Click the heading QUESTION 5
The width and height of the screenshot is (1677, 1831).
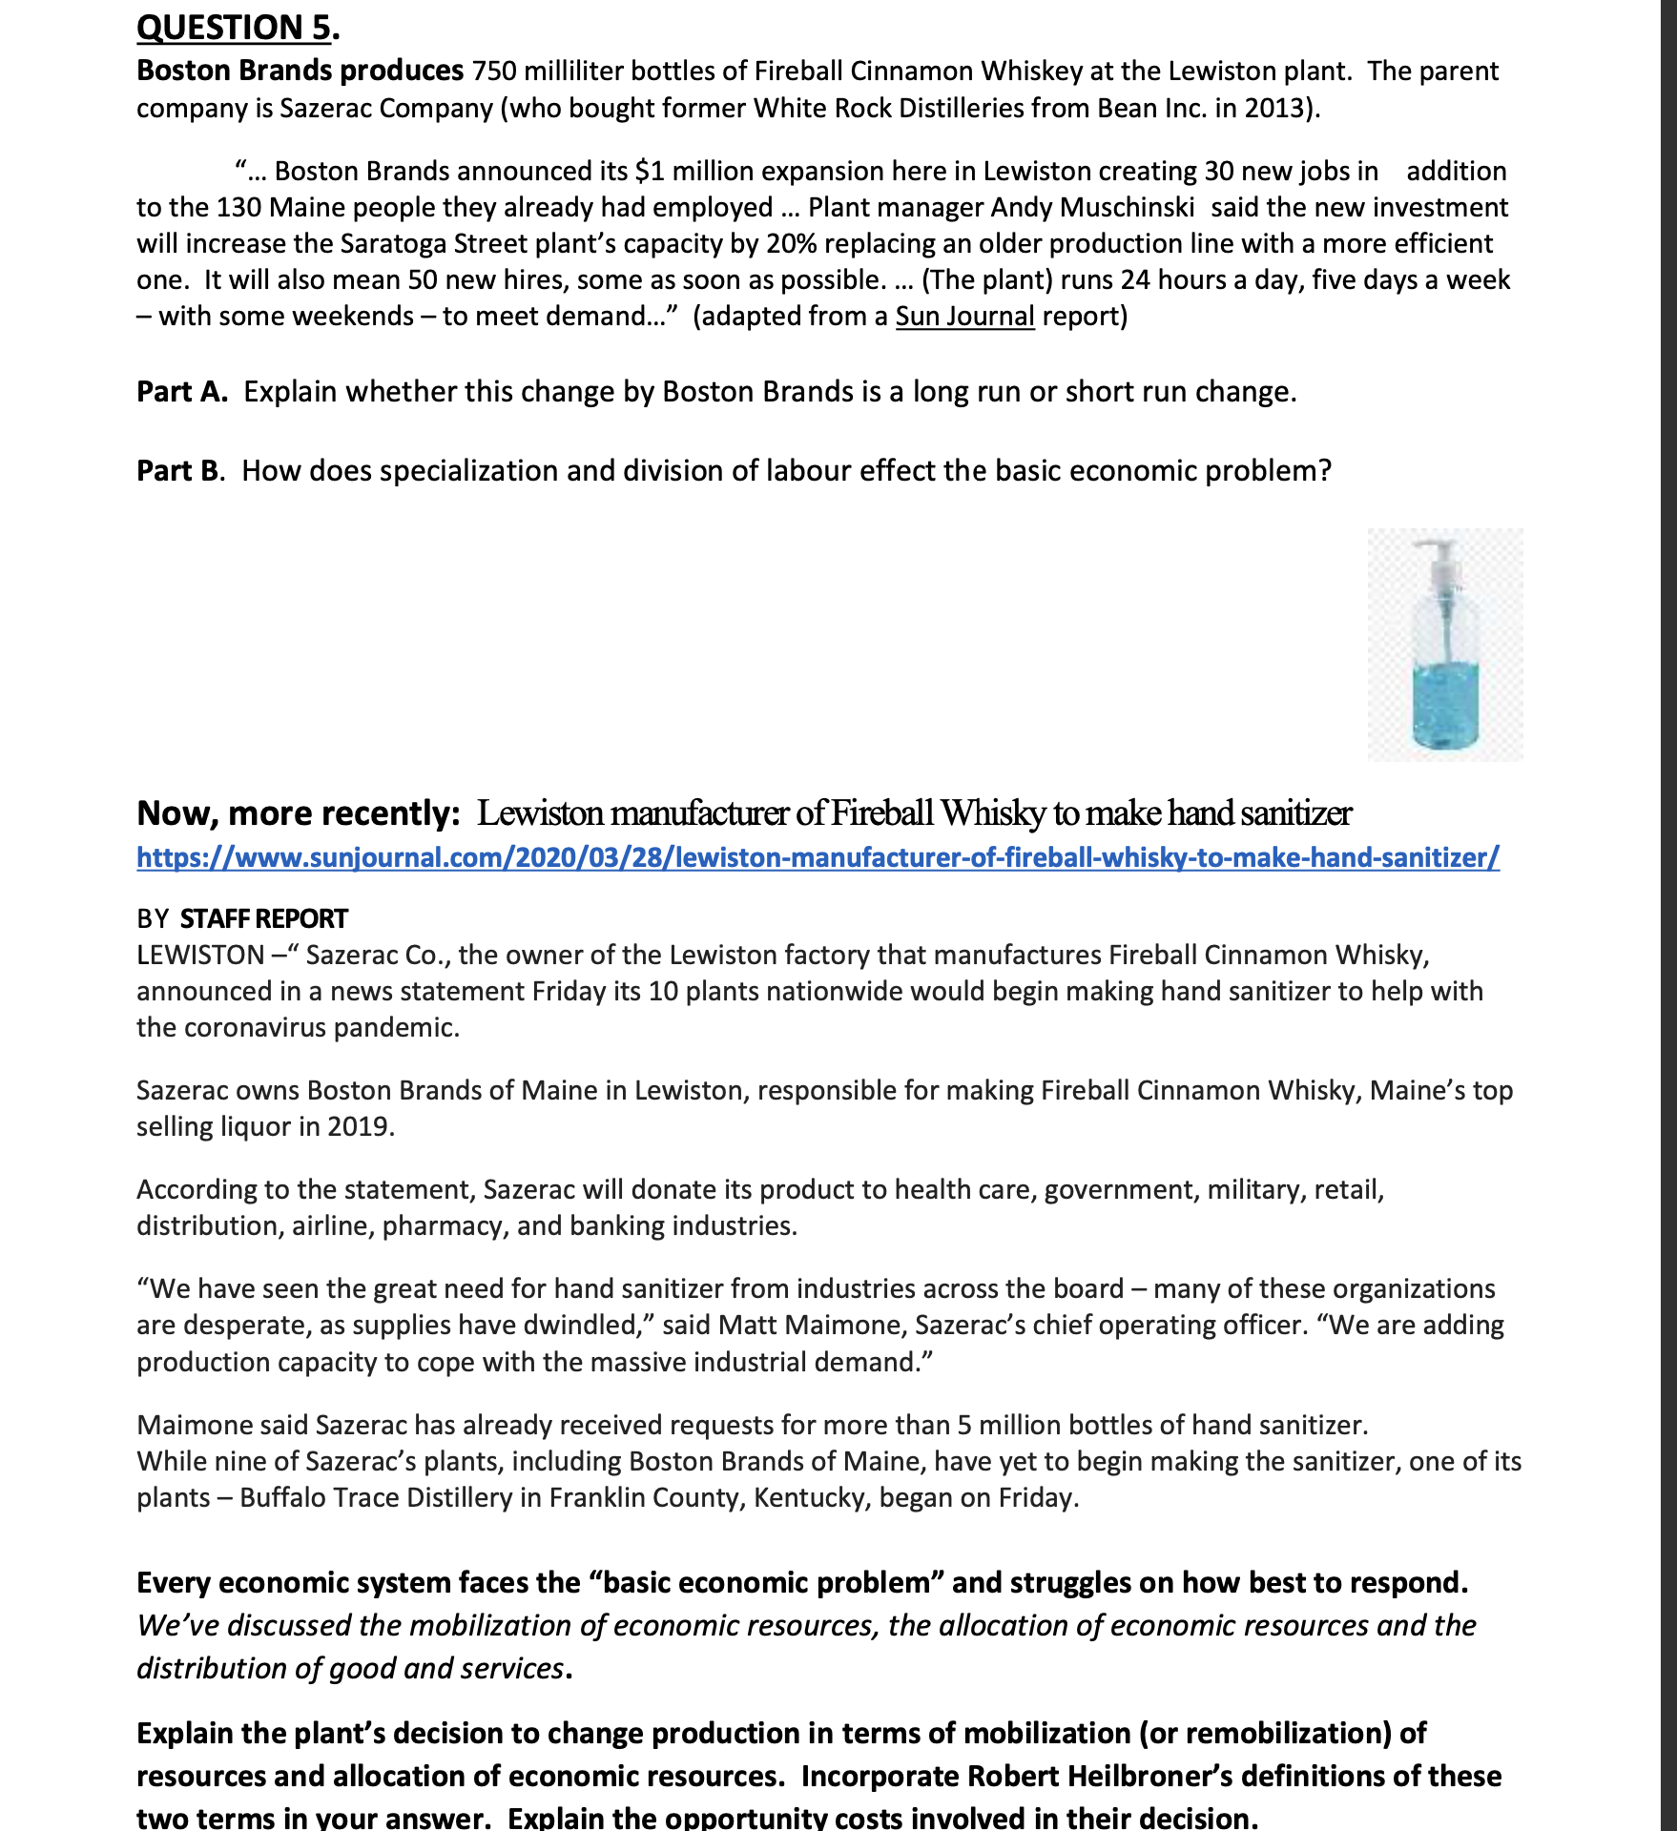[235, 27]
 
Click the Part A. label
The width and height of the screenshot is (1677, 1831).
[181, 392]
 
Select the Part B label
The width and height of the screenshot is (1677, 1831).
[178, 471]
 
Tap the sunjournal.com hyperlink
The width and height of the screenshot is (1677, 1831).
[818, 857]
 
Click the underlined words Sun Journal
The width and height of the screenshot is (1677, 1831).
[964, 317]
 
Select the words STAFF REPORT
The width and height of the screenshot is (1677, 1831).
[263, 918]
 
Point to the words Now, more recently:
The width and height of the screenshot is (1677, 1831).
[299, 813]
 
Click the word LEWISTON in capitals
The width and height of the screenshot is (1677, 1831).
[200, 956]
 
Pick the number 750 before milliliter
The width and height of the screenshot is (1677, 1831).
[494, 72]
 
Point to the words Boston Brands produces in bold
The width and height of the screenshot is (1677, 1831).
[300, 71]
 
